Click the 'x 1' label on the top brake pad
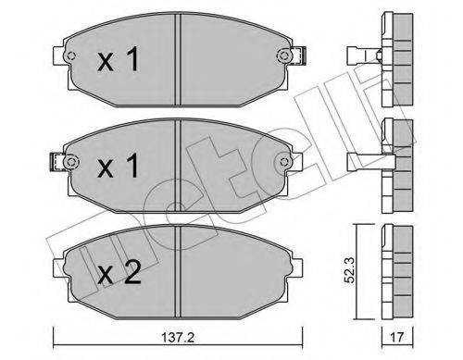[x=118, y=63]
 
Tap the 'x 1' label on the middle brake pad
[x=118, y=167]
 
